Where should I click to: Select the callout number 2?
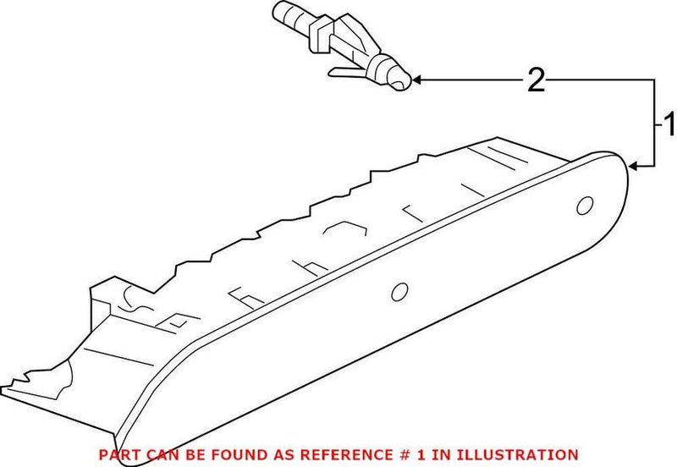click(x=536, y=80)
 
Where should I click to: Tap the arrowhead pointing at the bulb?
click(x=418, y=81)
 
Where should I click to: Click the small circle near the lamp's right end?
click(x=584, y=206)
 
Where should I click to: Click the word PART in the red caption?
click(x=118, y=455)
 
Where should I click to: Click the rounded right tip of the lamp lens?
click(x=626, y=169)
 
